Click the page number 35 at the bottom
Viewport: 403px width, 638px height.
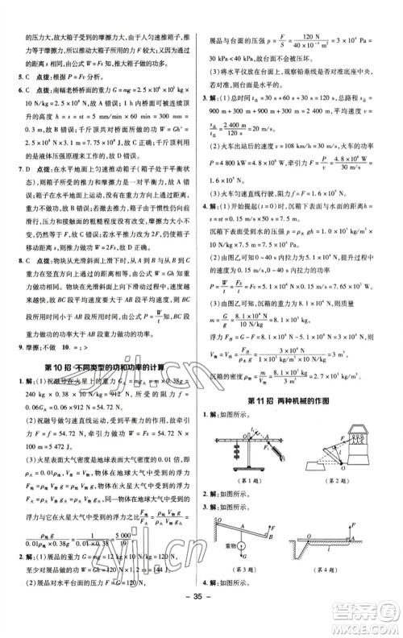pyautogui.click(x=201, y=621)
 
